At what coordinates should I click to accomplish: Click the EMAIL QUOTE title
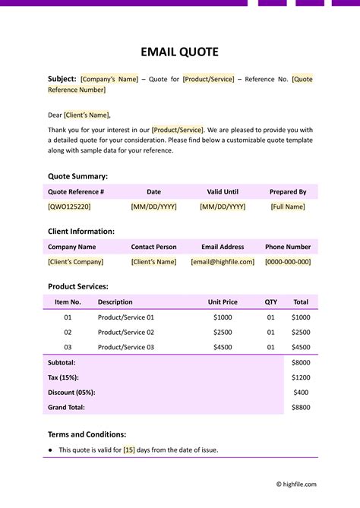click(180, 52)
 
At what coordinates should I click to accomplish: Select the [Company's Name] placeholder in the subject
click(109, 79)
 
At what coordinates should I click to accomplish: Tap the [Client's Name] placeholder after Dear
click(87, 115)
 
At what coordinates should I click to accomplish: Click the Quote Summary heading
click(79, 176)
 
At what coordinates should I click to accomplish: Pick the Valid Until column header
click(223, 192)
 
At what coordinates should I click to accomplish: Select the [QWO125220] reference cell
click(69, 207)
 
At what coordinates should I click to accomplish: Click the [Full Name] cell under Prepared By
click(288, 207)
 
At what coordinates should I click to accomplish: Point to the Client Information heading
click(81, 232)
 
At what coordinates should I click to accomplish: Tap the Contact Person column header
click(153, 247)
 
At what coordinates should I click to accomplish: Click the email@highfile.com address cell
click(223, 262)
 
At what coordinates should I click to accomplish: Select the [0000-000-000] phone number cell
click(288, 262)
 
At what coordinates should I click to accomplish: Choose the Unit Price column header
click(223, 302)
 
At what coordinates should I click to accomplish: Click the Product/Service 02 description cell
click(126, 333)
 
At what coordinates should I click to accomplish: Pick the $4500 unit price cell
click(223, 347)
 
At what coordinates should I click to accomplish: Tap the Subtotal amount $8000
click(301, 363)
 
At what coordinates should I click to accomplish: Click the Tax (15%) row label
click(63, 377)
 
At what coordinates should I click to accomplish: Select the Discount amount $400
click(301, 393)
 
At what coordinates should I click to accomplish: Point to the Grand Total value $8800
click(301, 407)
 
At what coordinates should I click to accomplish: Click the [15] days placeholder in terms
click(129, 450)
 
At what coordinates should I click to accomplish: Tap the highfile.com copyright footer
click(295, 484)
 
